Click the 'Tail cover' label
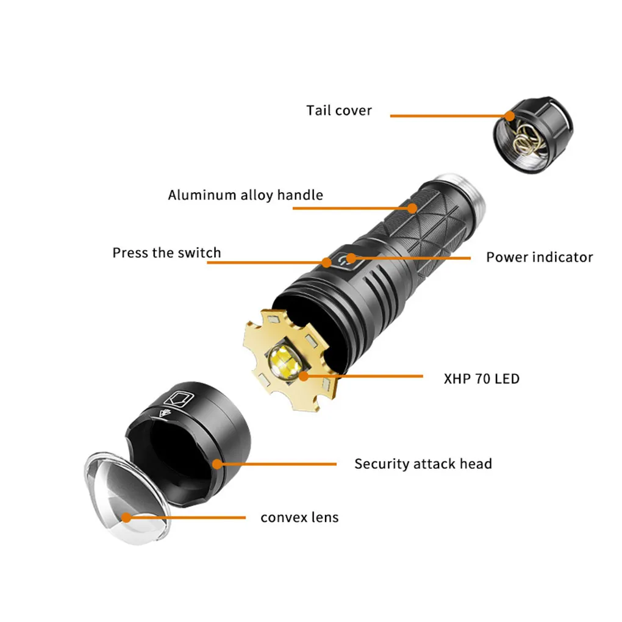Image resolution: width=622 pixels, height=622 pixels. point(339,110)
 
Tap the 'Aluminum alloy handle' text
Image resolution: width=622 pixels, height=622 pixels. point(246,195)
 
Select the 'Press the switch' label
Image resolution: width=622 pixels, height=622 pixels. point(166,252)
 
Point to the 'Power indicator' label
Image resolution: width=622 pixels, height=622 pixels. point(540,257)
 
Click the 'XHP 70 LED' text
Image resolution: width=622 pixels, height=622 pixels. point(482,379)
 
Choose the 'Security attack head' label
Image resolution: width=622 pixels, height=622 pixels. point(423,463)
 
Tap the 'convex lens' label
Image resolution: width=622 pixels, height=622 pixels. point(299,517)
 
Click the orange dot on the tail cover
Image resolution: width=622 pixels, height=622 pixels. point(510,116)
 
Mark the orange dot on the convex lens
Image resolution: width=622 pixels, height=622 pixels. point(126,517)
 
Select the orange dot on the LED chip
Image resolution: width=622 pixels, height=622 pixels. point(304,376)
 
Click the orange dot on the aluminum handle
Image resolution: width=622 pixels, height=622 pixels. point(412,208)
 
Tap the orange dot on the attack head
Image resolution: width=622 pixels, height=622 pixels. point(217,463)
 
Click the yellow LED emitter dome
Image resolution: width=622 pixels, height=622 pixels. point(284,360)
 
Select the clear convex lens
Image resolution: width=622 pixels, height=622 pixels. point(127,498)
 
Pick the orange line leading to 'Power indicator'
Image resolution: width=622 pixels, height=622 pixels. point(410,258)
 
